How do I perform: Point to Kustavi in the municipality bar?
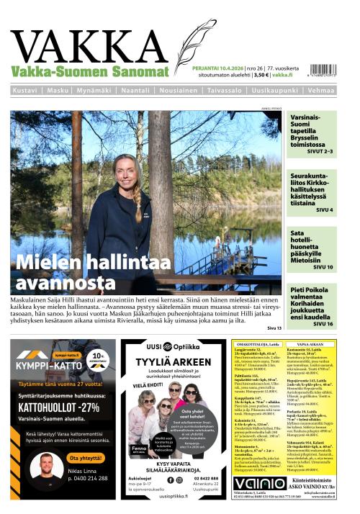[26, 91]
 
